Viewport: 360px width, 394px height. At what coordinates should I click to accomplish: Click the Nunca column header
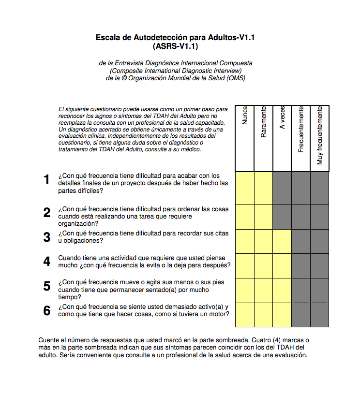[x=245, y=116]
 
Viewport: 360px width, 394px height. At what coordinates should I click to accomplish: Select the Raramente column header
[x=264, y=122]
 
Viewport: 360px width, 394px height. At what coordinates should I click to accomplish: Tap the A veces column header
[x=283, y=117]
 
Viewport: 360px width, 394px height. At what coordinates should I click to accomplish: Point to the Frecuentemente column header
[x=301, y=129]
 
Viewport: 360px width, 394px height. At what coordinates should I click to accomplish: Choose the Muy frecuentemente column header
[x=320, y=135]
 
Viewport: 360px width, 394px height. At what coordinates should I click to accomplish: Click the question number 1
[x=47, y=180]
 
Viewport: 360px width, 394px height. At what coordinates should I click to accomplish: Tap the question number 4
[x=47, y=262]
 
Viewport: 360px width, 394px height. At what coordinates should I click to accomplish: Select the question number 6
[x=47, y=311]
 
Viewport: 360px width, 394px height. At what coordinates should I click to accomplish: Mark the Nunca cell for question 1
[x=244, y=188]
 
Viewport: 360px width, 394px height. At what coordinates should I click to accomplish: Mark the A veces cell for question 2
[x=282, y=217]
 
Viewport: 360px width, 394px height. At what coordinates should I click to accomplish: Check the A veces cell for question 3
[x=282, y=241]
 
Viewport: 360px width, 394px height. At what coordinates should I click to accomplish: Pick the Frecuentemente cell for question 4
[x=301, y=265]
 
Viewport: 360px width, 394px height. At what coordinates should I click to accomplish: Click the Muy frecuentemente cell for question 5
[x=320, y=290]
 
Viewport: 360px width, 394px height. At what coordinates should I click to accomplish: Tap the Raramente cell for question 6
[x=263, y=315]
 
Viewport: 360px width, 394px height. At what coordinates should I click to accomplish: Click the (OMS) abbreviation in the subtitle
[x=236, y=78]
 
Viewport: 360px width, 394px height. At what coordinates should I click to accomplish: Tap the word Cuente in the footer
[x=48, y=340]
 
